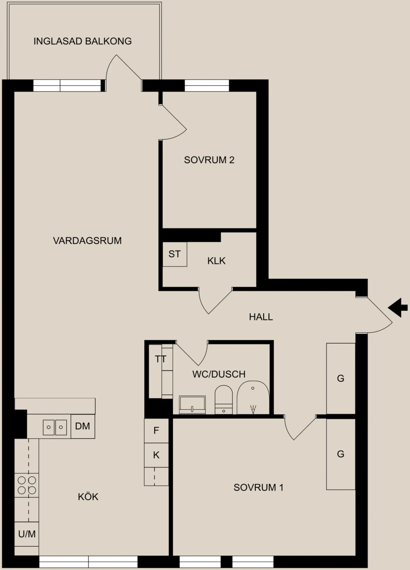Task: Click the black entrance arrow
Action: [398, 308]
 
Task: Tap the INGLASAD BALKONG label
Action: [83, 41]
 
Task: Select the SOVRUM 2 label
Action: [209, 160]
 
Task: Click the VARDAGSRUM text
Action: [87, 241]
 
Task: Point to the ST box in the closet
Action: [175, 254]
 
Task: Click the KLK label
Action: [216, 261]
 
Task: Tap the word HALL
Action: [261, 317]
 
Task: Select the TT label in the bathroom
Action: [160, 359]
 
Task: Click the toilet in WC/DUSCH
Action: [224, 400]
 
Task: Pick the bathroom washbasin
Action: [192, 404]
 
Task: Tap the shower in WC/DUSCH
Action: [253, 397]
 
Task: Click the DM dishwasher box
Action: [83, 426]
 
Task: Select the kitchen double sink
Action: [55, 427]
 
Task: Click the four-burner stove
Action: [27, 485]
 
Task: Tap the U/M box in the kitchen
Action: [27, 534]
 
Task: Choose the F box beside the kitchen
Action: [156, 431]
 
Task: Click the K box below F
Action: [156, 455]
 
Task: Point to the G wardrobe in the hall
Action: [341, 379]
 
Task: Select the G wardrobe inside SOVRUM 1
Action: [341, 454]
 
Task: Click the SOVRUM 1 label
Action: [259, 488]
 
